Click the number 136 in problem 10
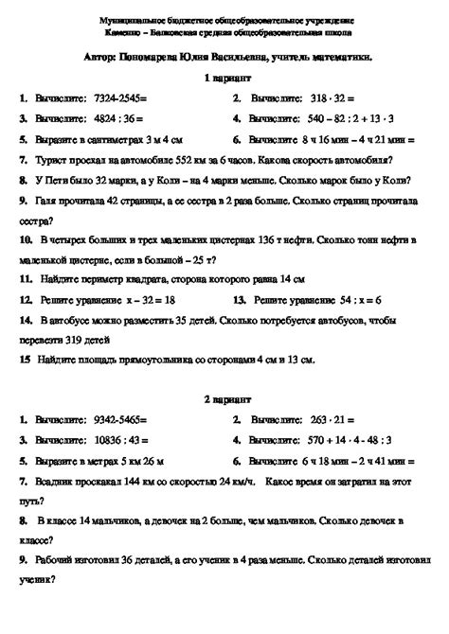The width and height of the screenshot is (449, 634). [x=256, y=240]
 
